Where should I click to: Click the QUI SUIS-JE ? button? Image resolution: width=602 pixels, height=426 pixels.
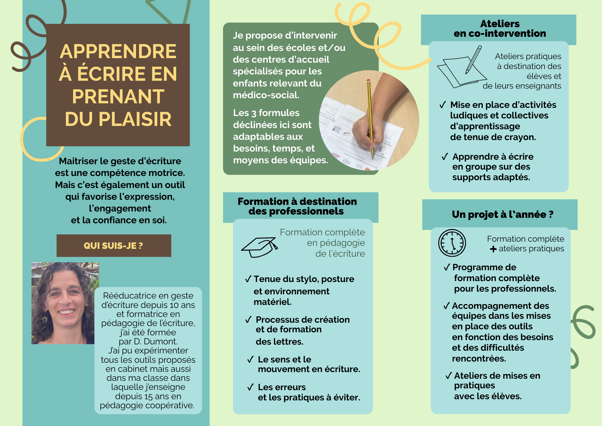pyautogui.click(x=114, y=246)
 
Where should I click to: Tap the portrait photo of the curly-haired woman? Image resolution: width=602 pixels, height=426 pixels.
pyautogui.click(x=63, y=303)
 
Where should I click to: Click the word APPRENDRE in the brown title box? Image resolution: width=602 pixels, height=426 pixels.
pyautogui.click(x=118, y=51)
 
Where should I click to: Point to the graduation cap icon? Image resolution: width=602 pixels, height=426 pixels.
pyautogui.click(x=259, y=247)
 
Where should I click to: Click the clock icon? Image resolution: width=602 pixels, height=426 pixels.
pyautogui.click(x=452, y=243)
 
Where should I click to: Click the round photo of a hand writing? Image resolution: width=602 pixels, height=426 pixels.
pyautogui.click(x=369, y=121)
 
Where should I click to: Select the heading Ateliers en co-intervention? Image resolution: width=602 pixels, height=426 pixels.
pyautogui.click(x=500, y=28)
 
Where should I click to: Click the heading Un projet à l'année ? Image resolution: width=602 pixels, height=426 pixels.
pyautogui.click(x=503, y=214)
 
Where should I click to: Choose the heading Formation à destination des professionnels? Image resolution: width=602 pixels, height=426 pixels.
pyautogui.click(x=297, y=206)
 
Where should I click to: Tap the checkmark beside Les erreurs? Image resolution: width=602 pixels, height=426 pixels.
pyautogui.click(x=250, y=387)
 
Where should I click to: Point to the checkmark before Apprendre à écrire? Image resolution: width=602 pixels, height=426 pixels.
pyautogui.click(x=445, y=157)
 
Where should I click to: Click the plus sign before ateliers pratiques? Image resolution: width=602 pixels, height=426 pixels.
pyautogui.click(x=493, y=249)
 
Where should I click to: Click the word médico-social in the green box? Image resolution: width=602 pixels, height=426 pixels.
pyautogui.click(x=266, y=95)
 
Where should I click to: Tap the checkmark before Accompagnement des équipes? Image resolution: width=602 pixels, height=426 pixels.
pyautogui.click(x=447, y=306)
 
